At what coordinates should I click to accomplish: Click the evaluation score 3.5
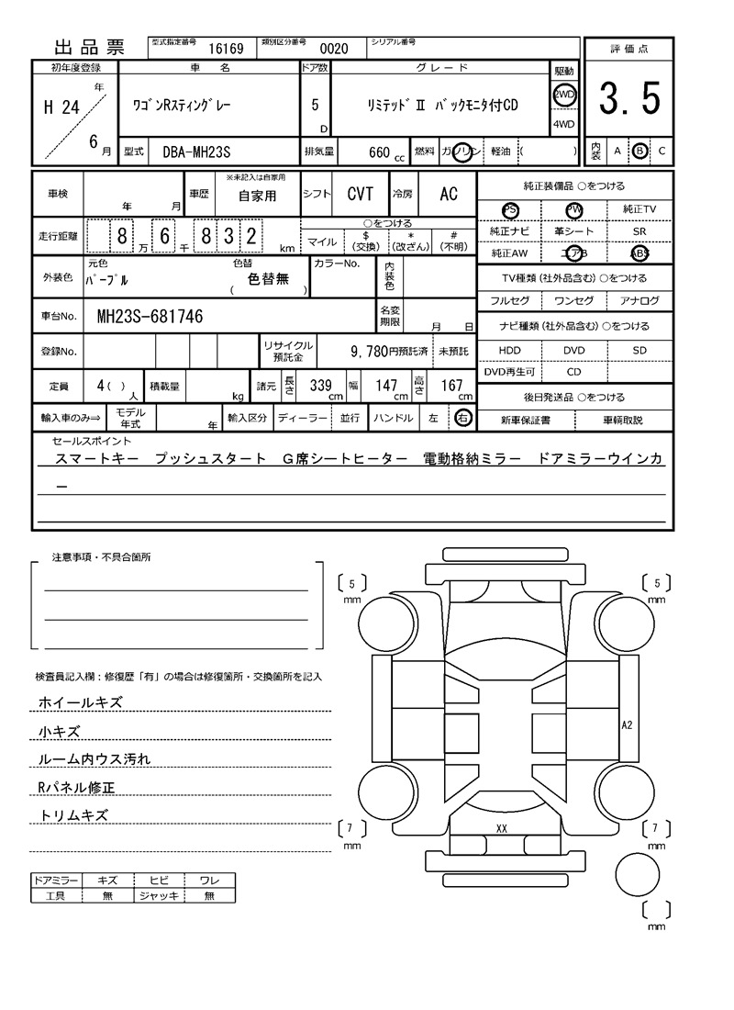pos(629,99)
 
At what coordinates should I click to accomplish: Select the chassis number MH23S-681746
pos(150,317)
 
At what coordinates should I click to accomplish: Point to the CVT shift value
pos(360,194)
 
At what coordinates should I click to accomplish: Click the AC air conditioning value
pos(448,194)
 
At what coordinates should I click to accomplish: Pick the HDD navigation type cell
pos(509,350)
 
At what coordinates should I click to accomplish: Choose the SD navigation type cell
pos(639,350)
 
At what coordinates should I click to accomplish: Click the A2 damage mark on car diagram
pos(628,724)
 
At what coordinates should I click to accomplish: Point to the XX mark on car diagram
pos(502,828)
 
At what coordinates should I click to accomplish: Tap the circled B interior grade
pos(639,151)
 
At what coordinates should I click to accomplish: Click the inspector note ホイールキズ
pos(81,702)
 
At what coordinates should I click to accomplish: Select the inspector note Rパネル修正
pos(77,787)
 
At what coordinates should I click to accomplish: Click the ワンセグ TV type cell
pos(574,300)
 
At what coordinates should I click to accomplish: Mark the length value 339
pos(320,387)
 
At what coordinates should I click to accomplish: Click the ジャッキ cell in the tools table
pos(159,895)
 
